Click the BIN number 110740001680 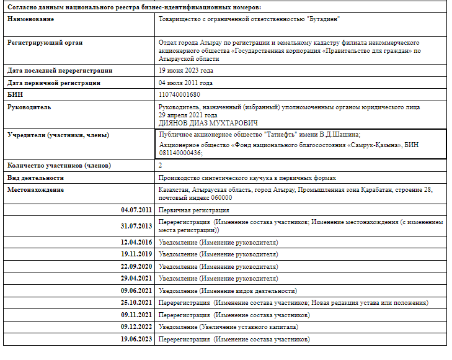point(179,94)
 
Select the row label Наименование point(30,19)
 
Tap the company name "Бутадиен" point(325,19)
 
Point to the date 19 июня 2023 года point(185,70)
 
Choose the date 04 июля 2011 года point(185,82)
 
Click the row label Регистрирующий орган point(45,42)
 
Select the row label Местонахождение point(35,189)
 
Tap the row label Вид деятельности point(37,178)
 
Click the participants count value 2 point(161,166)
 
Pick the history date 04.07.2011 point(136,210)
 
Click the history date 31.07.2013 point(136,226)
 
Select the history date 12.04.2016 point(136,241)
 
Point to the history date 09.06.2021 point(136,290)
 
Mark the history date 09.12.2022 point(136,326)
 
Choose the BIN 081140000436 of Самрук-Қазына point(180,153)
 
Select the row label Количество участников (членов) point(59,166)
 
